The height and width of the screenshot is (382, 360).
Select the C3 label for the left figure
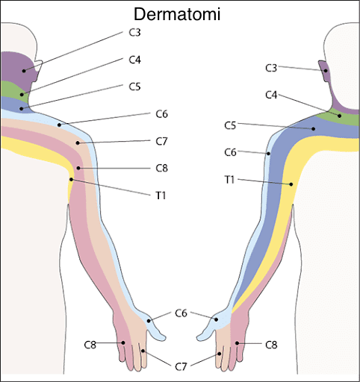tap(134, 33)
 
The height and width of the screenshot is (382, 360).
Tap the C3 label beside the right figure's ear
tap(272, 68)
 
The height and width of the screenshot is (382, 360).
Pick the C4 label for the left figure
tap(134, 60)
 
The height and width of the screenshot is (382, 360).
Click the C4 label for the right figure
tap(272, 95)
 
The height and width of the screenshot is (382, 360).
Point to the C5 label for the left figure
tap(134, 87)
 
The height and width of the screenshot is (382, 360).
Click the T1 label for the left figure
tap(161, 195)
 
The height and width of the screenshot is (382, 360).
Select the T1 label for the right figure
tap(231, 180)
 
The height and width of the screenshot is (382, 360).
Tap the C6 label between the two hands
tap(181, 313)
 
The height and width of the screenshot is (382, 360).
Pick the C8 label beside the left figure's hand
tap(90, 344)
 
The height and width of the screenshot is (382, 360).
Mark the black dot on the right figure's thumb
tap(216, 320)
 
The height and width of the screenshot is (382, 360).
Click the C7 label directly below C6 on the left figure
tap(161, 141)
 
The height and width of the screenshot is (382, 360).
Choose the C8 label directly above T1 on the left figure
tap(161, 168)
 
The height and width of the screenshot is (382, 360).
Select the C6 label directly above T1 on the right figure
tap(231, 152)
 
